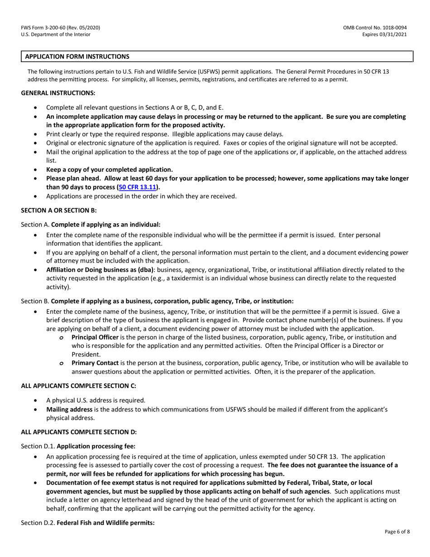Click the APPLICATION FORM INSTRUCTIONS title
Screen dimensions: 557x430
point(77,57)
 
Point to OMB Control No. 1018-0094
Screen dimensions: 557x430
point(377,28)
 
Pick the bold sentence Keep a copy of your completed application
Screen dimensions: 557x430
point(110,170)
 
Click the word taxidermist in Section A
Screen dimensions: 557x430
point(179,278)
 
